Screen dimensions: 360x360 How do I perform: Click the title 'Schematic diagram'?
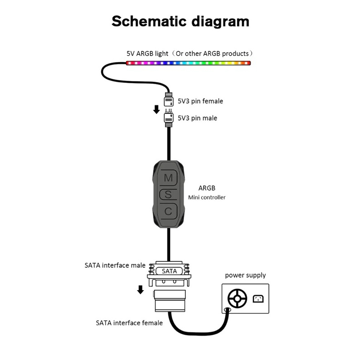tap(180, 21)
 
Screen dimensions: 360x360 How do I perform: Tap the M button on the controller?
tap(168, 178)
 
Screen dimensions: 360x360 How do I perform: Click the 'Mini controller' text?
tap(207, 197)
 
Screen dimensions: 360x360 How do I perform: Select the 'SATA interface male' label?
tap(115, 265)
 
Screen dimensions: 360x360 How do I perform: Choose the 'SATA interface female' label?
tap(129, 323)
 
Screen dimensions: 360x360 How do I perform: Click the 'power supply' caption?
tap(245, 275)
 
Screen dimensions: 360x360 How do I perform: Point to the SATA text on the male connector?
tap(169, 271)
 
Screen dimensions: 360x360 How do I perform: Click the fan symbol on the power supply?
tap(237, 298)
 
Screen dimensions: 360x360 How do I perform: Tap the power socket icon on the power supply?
tap(258, 298)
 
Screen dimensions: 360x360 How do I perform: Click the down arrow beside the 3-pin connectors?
tap(156, 109)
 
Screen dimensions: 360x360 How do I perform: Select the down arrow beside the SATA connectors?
tap(140, 289)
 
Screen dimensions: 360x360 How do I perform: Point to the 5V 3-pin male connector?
tap(169, 117)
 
